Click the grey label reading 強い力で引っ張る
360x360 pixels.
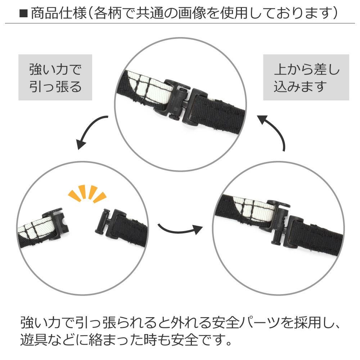[x=55, y=77]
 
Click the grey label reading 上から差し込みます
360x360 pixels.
[x=306, y=77]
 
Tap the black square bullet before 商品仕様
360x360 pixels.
[x=24, y=14]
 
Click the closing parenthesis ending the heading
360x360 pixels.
[x=334, y=13]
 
